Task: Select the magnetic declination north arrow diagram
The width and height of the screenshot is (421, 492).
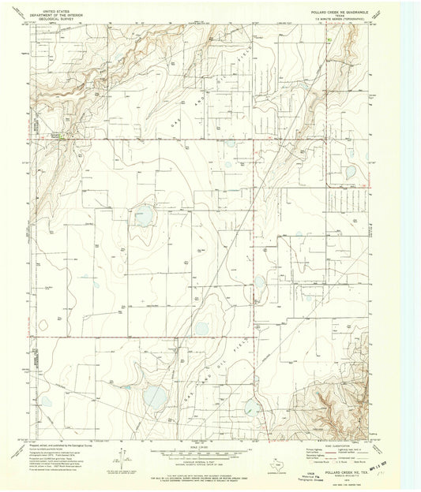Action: click(x=121, y=457)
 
